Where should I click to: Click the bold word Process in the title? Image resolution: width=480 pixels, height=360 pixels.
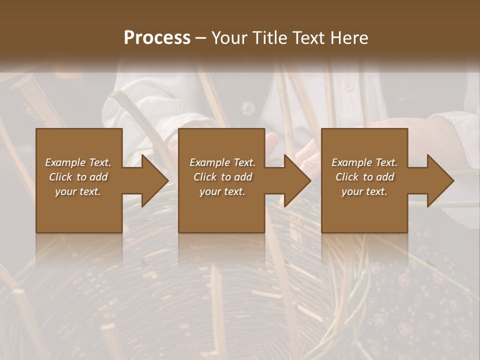click(x=157, y=38)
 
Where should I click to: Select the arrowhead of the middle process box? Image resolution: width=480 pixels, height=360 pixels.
click(x=297, y=180)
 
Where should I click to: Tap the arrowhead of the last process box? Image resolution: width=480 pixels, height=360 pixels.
click(x=440, y=180)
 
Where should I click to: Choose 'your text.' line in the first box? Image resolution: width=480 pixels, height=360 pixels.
click(x=78, y=191)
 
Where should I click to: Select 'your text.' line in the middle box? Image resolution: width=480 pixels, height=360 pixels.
click(x=222, y=191)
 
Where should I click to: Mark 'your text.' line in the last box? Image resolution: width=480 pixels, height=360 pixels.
click(x=364, y=191)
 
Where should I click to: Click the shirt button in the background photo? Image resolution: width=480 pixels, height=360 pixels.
click(x=247, y=106)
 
